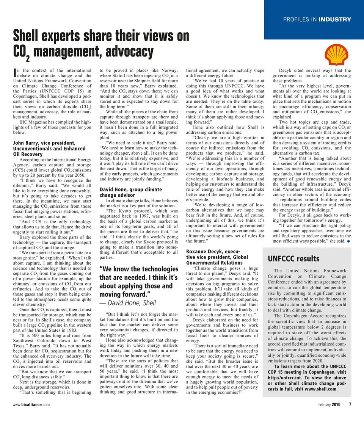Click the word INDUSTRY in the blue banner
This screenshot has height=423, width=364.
pos(335,19)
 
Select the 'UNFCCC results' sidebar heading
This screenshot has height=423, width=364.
pos(293,259)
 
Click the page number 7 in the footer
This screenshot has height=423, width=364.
pos(350,415)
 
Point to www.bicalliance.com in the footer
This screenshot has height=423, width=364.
pos(31,415)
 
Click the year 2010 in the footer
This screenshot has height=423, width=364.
pos(338,415)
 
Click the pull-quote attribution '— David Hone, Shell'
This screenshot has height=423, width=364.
pos(127,302)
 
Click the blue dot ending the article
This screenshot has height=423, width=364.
pos(348,241)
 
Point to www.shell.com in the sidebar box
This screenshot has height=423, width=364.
pos(317,389)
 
